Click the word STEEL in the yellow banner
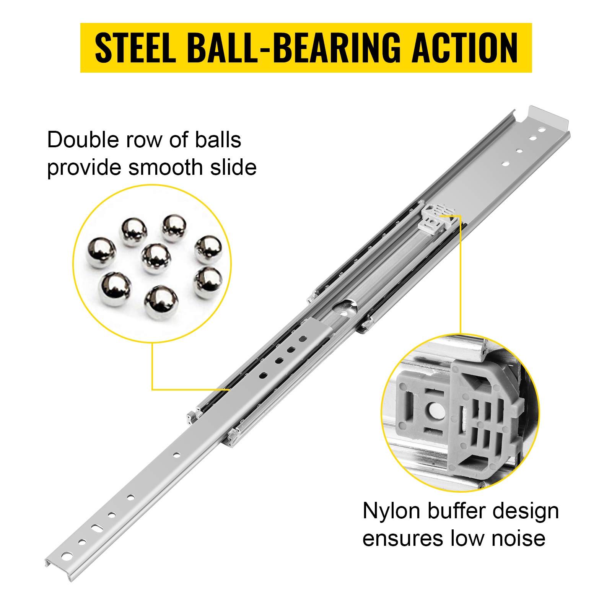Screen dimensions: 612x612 [135, 48]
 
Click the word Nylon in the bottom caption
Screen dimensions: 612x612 [391, 511]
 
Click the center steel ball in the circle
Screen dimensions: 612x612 [156, 259]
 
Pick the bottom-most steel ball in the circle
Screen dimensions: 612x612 [161, 303]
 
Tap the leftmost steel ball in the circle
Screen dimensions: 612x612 [101, 252]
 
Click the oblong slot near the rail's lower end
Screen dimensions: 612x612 [97, 528]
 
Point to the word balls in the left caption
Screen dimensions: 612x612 [218, 140]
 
